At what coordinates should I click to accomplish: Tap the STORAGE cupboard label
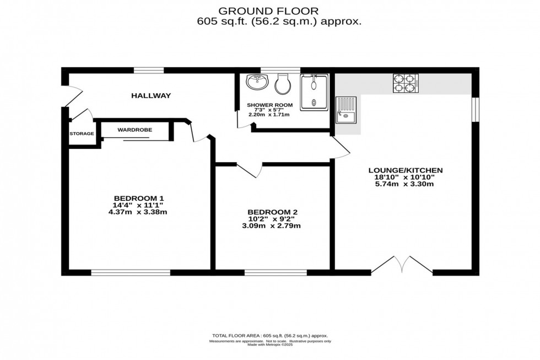(82, 133)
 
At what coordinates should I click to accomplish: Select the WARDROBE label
(134, 130)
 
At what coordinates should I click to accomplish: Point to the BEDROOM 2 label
(272, 212)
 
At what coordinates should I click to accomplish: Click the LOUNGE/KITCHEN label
(406, 170)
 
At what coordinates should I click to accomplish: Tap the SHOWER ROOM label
(269, 105)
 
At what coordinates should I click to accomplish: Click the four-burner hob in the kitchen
(406, 83)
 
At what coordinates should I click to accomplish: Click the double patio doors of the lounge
(402, 265)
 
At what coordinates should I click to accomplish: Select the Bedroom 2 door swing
(249, 170)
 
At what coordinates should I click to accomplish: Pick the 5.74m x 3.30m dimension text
(406, 184)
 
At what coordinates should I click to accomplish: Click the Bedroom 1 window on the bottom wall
(131, 272)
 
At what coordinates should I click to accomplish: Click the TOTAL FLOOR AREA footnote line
(270, 336)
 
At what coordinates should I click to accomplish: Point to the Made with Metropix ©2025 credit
(270, 345)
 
